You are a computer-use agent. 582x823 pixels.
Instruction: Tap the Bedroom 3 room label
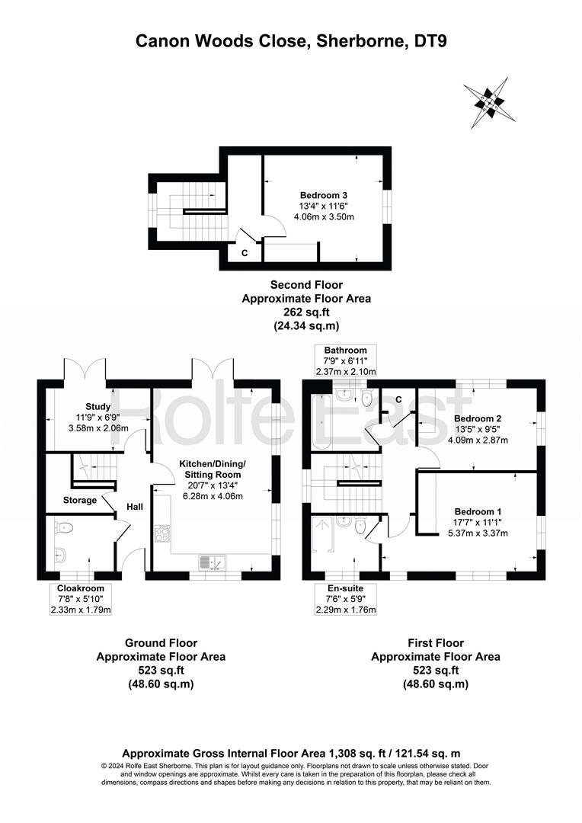click(323, 195)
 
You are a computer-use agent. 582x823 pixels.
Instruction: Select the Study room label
click(98, 406)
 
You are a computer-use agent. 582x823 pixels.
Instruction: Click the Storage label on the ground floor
click(80, 500)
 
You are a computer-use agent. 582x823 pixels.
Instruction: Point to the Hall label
click(134, 507)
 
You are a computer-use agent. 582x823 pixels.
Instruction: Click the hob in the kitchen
click(163, 533)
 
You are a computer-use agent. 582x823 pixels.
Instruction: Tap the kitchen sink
click(212, 562)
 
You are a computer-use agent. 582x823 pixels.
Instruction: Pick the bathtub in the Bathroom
click(321, 421)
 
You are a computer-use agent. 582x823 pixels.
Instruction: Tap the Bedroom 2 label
click(478, 418)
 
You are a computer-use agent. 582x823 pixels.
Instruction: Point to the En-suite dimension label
click(345, 599)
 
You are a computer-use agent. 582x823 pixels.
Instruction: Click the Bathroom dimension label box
click(345, 360)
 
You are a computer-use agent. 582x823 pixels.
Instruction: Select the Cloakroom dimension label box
click(81, 599)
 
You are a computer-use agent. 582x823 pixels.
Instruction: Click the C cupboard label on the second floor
click(245, 253)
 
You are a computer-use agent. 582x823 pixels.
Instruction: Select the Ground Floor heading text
click(161, 643)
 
